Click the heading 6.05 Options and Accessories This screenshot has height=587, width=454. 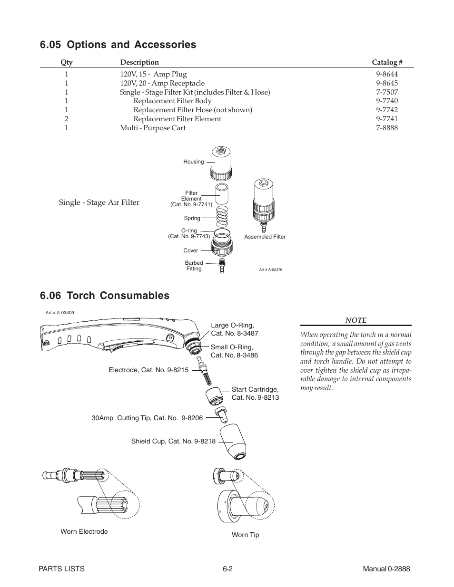[x=118, y=45]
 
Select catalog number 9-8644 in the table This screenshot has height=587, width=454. [x=386, y=74]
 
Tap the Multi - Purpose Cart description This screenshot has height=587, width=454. [x=153, y=128]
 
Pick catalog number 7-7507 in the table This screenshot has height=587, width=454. [x=386, y=92]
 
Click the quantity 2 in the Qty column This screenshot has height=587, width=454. [x=67, y=119]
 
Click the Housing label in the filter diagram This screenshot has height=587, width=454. [x=193, y=162]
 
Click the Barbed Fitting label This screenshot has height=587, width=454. [x=194, y=266]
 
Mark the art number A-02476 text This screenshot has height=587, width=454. [x=270, y=269]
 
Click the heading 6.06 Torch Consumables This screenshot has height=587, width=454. [x=105, y=296]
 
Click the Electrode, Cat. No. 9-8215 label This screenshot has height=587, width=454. [x=148, y=370]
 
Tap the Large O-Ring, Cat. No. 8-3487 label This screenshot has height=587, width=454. [x=234, y=329]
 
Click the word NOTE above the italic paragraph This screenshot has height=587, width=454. [x=355, y=320]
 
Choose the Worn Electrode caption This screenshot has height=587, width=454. [x=84, y=531]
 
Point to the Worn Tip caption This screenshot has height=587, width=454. [x=245, y=535]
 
